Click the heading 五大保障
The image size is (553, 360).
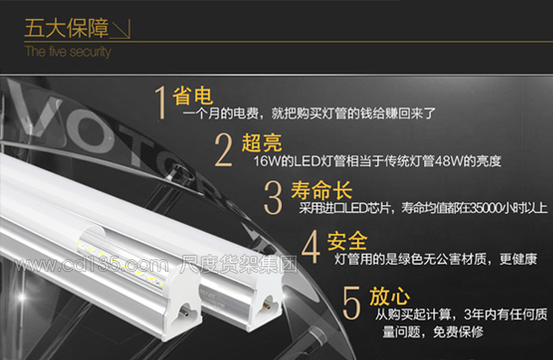point(66,28)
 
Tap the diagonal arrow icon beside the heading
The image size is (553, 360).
point(121,29)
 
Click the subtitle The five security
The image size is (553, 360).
point(68,52)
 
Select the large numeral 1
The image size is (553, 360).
point(160,102)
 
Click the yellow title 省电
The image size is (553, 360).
point(192,95)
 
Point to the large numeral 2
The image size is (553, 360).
point(224,150)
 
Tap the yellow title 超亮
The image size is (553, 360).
point(262,143)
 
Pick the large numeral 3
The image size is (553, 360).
point(273,198)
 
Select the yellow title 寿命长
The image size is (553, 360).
point(321,190)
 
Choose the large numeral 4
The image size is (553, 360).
point(311,247)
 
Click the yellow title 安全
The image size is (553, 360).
point(347,241)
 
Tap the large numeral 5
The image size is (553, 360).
point(351,303)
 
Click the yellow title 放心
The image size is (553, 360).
point(389,297)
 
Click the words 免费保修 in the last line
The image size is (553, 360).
point(458,332)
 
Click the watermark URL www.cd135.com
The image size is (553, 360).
point(92,265)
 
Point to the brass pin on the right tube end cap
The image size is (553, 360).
point(267,306)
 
